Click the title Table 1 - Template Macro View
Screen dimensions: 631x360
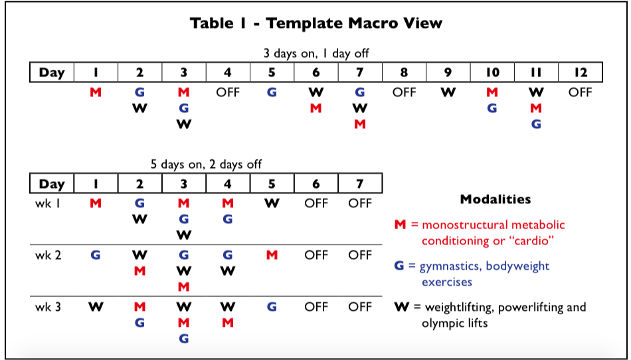[x=316, y=23]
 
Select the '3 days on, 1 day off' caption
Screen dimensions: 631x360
[x=316, y=54]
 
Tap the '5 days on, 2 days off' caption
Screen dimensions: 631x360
[x=206, y=164]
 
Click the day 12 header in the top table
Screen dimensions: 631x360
[x=581, y=72]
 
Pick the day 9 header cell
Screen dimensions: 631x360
[x=448, y=72]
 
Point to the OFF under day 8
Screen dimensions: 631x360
[x=404, y=92]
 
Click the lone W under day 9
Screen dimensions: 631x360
[x=448, y=92]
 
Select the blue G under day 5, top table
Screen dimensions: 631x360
[x=272, y=92]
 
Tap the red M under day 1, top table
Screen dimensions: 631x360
[x=96, y=92]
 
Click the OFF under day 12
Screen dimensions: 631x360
[x=581, y=92]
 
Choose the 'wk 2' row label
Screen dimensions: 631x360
[x=48, y=255]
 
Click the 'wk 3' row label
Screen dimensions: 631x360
[x=48, y=307]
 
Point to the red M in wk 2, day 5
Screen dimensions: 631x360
[x=272, y=255]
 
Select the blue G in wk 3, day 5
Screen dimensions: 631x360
[x=272, y=307]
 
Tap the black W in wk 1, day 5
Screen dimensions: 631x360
[x=272, y=203]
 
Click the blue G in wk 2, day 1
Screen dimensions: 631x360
[x=96, y=255]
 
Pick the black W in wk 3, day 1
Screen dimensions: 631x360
[x=96, y=307]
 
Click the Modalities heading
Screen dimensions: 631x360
[x=496, y=199]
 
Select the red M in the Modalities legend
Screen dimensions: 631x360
[x=400, y=225]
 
